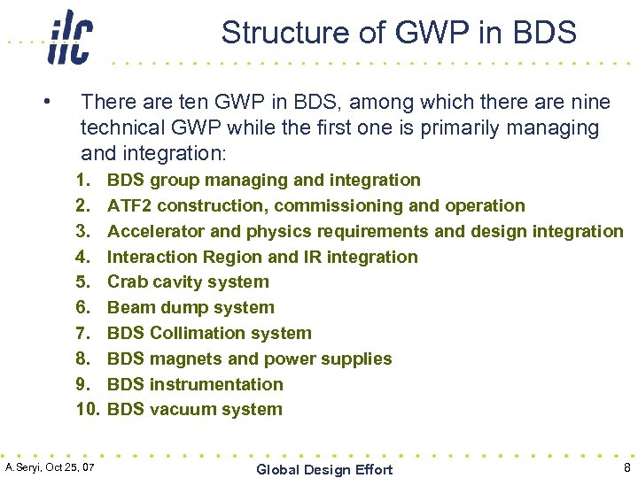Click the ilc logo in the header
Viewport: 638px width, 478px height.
[70, 36]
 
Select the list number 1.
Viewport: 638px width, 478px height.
[83, 181]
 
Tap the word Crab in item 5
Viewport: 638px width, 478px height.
[128, 282]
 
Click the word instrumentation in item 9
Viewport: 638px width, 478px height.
[216, 385]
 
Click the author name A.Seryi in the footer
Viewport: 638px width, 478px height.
[27, 466]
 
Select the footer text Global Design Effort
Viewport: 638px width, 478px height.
[323, 469]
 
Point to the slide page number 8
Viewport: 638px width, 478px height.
[626, 468]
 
